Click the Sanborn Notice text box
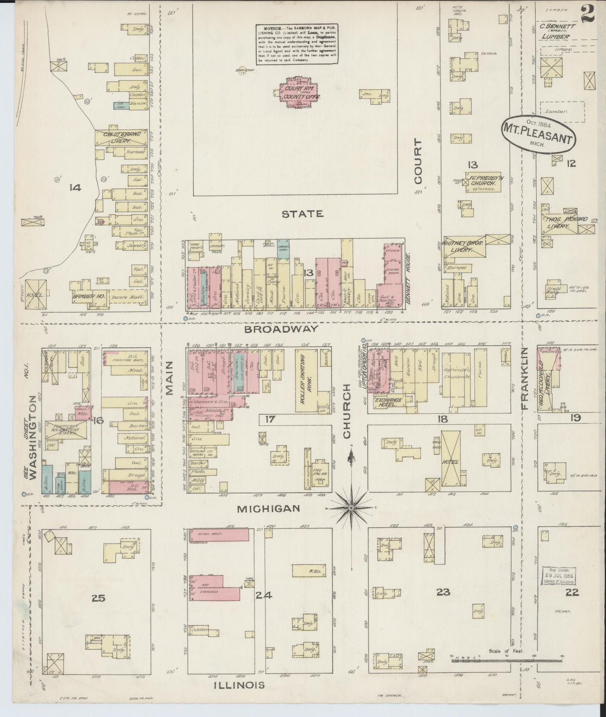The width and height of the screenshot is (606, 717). click(297, 44)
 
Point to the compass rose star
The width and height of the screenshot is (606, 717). click(351, 508)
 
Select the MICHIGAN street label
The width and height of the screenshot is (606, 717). click(268, 509)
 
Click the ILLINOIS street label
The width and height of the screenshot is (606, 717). click(239, 685)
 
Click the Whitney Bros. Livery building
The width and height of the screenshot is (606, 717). click(463, 246)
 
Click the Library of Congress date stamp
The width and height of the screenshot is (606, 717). click(558, 576)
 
